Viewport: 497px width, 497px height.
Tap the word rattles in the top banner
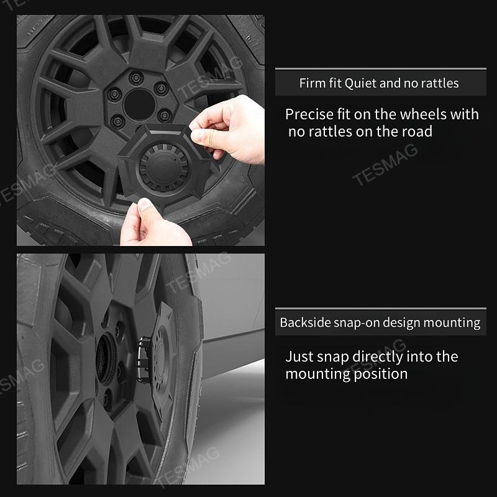click(x=439, y=83)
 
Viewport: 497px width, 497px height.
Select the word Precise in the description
click(x=309, y=115)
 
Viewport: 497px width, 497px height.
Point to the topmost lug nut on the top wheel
click(x=136, y=78)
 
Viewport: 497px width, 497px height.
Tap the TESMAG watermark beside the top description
click(x=385, y=165)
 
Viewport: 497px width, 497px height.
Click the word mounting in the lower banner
click(x=452, y=323)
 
